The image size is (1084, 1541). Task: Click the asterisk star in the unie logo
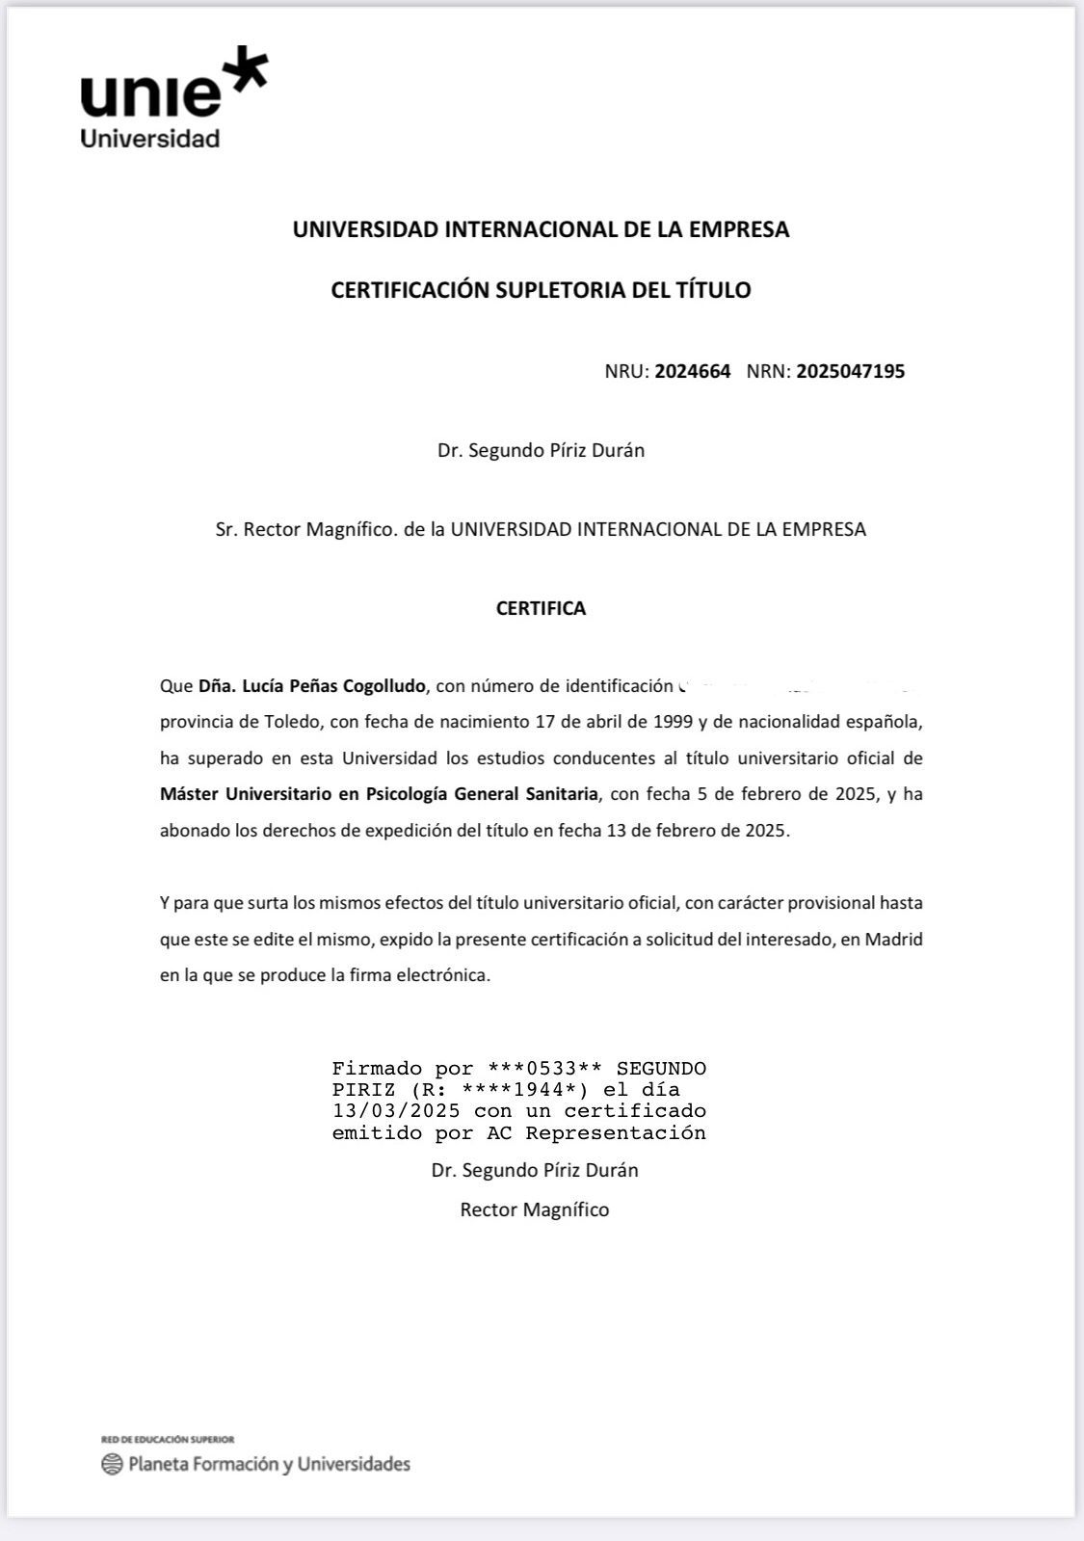pyautogui.click(x=244, y=70)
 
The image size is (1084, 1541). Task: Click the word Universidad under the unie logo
pyautogui.click(x=150, y=138)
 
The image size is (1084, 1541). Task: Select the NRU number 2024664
pyautogui.click(x=693, y=371)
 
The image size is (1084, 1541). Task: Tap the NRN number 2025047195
pyautogui.click(x=851, y=371)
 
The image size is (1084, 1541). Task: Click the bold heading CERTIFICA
pyautogui.click(x=541, y=608)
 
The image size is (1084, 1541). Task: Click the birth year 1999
pyautogui.click(x=674, y=722)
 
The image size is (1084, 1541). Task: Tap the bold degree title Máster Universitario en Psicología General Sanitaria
pyautogui.click(x=380, y=794)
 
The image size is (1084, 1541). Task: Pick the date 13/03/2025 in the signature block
pyautogui.click(x=396, y=1111)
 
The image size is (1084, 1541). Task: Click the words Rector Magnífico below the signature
pyautogui.click(x=535, y=1209)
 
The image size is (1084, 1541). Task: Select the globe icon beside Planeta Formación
pyautogui.click(x=112, y=1465)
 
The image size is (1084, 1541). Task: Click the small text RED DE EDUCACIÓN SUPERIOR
pyautogui.click(x=168, y=1440)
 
